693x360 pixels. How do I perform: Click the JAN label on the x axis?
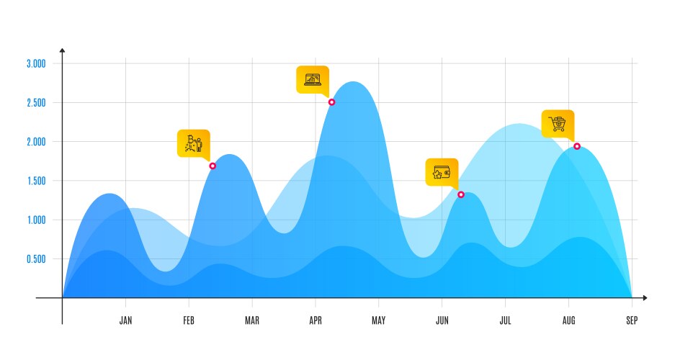pos(125,321)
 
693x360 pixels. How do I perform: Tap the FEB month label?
pos(189,321)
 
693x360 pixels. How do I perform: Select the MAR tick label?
pos(252,321)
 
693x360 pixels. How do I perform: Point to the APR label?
pos(316,321)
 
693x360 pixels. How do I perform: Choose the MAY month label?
pos(379,321)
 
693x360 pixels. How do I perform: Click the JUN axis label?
pos(442,321)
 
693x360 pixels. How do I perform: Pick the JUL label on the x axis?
pos(505,321)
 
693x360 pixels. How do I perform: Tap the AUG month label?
pos(568,321)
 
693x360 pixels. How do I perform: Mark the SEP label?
pos(632,321)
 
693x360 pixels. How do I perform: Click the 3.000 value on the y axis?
pos(36,63)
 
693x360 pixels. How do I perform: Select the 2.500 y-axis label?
pos(36,103)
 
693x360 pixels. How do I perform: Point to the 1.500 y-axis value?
pos(36,181)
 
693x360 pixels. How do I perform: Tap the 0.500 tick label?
pos(36,259)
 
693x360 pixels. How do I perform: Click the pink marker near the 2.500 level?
pos(331,102)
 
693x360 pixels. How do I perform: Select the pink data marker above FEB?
pos(213,166)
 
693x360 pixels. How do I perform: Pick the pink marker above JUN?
pos(461,194)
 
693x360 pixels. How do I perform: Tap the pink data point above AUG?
pos(577,146)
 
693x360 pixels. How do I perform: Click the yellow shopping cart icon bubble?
pos(558,124)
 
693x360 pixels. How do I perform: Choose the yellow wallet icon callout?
pos(442,172)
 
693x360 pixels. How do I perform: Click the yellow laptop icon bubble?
pos(313,79)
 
